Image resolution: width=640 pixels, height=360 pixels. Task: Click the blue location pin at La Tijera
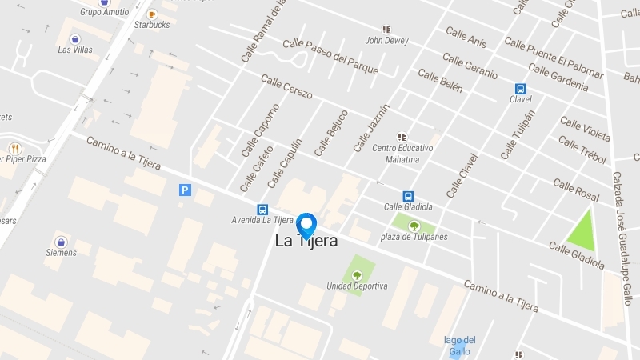[x=306, y=225]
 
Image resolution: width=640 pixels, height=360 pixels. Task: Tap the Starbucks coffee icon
[x=152, y=14]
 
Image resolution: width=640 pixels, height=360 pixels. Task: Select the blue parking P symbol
[x=186, y=190]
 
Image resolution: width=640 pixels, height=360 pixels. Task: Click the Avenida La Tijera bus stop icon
[x=262, y=210]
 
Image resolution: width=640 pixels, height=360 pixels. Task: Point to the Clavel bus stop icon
[x=520, y=89]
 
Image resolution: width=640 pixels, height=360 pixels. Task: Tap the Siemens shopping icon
[x=61, y=241]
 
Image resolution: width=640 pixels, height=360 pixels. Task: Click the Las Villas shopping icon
[x=75, y=38]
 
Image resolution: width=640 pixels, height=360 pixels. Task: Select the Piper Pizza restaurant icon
[x=14, y=148]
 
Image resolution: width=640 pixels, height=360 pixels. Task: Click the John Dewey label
[x=386, y=40]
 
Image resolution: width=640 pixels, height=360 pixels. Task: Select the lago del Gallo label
[x=459, y=345]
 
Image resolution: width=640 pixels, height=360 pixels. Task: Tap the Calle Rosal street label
[x=576, y=190]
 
